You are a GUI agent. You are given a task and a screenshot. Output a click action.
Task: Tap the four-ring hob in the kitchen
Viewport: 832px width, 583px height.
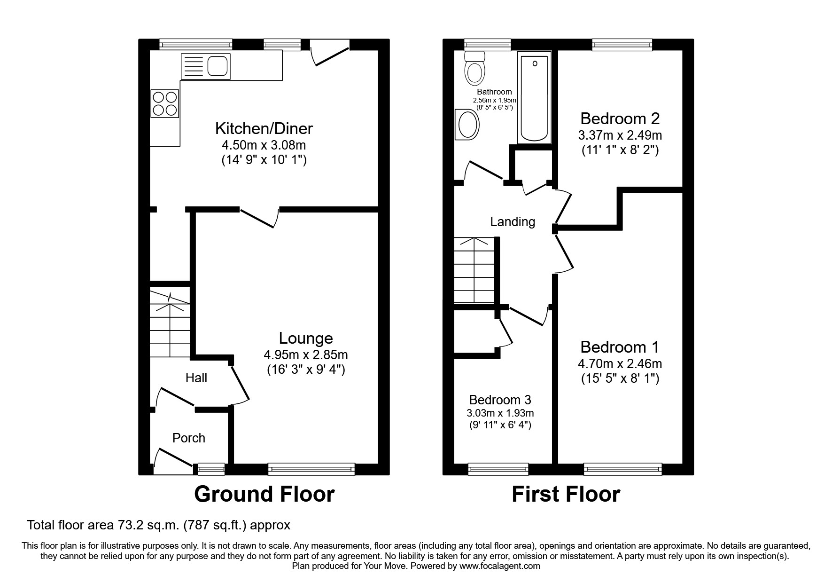tap(165, 104)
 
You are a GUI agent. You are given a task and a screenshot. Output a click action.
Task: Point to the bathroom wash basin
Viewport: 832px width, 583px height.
tap(467, 125)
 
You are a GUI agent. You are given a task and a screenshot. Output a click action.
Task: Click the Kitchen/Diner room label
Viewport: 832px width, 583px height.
tap(264, 128)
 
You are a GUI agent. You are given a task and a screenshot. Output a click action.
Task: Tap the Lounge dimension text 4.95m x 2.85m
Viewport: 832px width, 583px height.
tap(305, 355)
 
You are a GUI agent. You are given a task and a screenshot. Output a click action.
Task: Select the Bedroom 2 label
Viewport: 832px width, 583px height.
tap(620, 118)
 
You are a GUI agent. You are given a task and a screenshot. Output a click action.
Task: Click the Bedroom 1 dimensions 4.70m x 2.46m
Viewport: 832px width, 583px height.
tap(620, 363)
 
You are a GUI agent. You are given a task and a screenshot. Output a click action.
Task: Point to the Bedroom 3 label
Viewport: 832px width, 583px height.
tap(500, 400)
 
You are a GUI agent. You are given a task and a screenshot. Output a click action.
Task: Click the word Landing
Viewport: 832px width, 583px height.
tap(513, 221)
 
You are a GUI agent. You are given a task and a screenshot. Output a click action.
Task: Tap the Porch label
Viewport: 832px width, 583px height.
tap(189, 438)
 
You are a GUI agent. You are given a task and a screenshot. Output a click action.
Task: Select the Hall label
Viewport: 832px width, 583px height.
tap(196, 378)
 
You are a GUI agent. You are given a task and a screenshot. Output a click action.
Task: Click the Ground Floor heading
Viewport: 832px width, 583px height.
tap(264, 494)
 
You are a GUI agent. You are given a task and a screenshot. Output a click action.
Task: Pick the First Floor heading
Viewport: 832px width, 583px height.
tap(566, 494)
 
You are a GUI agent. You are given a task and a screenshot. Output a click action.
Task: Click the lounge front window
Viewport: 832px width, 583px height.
tap(311, 468)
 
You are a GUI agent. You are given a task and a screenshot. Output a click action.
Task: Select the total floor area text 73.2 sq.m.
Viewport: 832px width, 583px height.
tap(159, 525)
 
